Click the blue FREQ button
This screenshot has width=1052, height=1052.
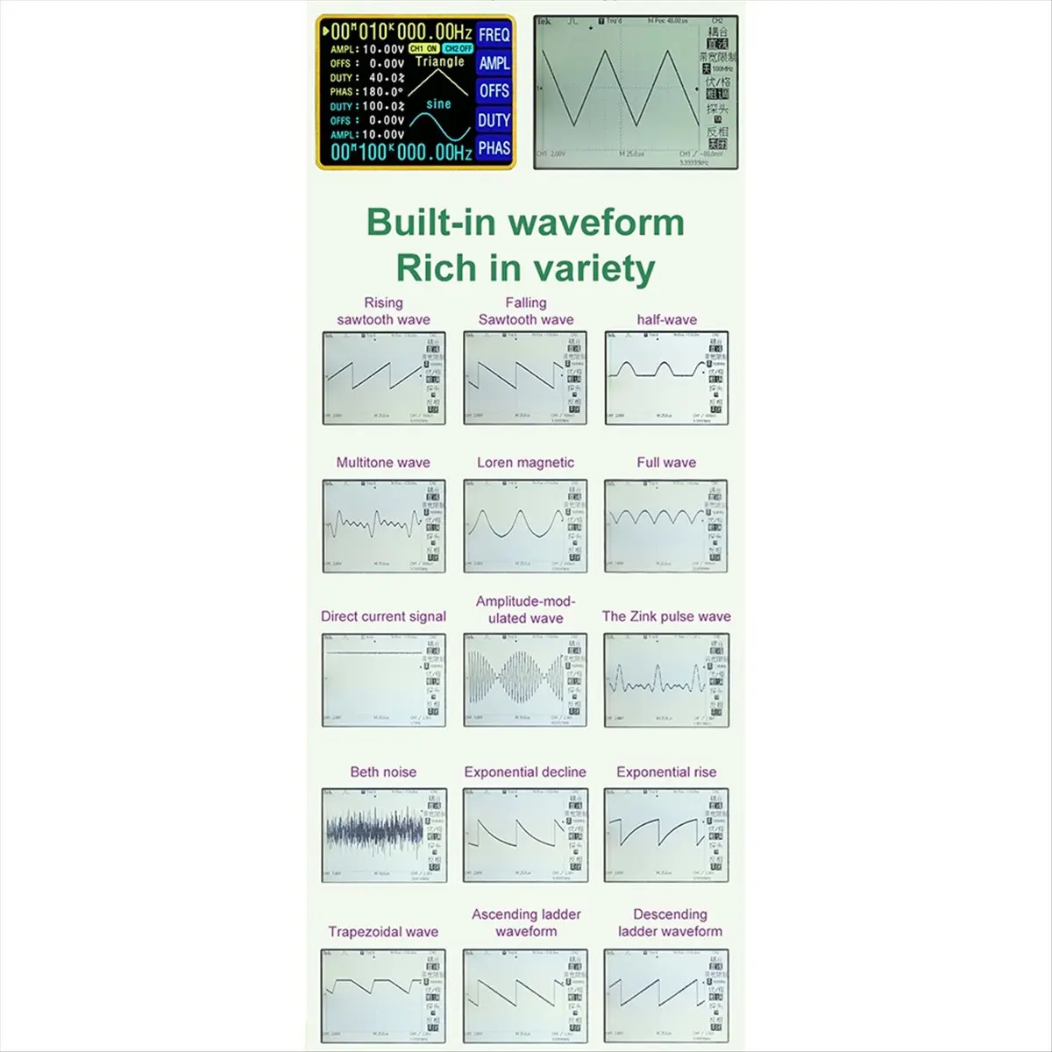click(494, 35)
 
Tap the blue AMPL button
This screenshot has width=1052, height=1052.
click(494, 63)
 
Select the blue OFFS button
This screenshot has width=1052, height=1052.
click(494, 91)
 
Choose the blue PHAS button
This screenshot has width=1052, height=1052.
click(494, 148)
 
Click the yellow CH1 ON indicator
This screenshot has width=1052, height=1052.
click(423, 49)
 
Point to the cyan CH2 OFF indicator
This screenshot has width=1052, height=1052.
click(458, 49)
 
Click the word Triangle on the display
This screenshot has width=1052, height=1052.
click(440, 62)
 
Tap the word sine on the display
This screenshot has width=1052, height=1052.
click(438, 104)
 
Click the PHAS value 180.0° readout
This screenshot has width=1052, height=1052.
click(380, 91)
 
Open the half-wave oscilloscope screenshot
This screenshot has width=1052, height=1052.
click(666, 379)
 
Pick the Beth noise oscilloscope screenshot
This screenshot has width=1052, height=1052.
click(384, 835)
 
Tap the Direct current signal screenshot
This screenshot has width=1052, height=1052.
click(384, 679)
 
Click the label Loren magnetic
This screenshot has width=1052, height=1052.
click(526, 463)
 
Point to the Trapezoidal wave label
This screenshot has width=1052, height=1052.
click(383, 932)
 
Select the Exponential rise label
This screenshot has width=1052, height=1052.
click(666, 772)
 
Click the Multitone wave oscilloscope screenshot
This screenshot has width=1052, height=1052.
click(384, 526)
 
